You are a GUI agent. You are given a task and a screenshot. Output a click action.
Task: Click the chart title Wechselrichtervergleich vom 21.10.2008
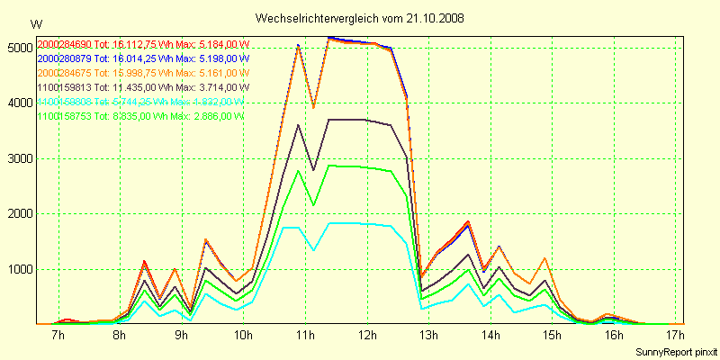click(359, 18)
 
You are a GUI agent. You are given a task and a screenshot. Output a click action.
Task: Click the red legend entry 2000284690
click(63, 44)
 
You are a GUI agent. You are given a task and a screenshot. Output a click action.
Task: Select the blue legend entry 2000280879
click(63, 58)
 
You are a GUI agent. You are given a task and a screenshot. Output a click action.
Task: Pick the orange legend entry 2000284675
click(63, 73)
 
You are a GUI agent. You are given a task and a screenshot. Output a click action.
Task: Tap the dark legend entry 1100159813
click(63, 87)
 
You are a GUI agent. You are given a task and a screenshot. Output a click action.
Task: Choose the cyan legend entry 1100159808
click(63, 102)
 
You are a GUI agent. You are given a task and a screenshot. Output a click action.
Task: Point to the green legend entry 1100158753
click(63, 116)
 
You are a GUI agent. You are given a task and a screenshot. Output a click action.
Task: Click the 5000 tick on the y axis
click(18, 47)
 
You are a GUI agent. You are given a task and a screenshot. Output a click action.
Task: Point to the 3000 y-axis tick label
click(18, 158)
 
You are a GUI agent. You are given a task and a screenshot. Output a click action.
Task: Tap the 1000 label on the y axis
click(18, 269)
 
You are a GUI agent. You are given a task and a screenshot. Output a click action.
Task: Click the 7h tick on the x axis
click(58, 336)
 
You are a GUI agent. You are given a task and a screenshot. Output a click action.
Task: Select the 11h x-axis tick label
click(304, 336)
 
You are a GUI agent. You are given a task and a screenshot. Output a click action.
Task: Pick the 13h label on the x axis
click(428, 336)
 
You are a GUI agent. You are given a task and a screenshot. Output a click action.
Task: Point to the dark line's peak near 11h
click(298, 125)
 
